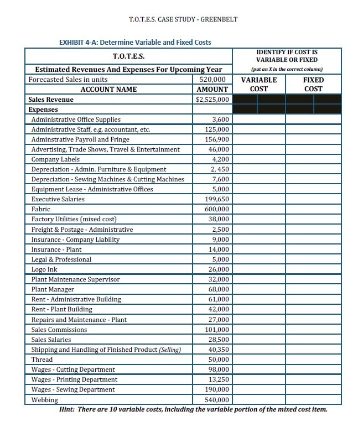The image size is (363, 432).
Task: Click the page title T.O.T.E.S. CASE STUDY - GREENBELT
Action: [x=183, y=19]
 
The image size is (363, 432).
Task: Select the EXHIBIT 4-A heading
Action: [x=134, y=42]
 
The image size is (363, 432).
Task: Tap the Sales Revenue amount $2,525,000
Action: [x=212, y=100]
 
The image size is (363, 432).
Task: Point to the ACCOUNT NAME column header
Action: [x=108, y=89]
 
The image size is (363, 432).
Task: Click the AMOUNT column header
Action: [x=212, y=89]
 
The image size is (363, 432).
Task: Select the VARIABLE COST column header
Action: [x=258, y=84]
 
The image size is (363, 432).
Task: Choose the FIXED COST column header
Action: [x=313, y=84]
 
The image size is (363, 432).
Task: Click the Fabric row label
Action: [x=40, y=209]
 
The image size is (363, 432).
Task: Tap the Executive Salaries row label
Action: [x=58, y=199]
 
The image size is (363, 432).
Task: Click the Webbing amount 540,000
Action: [x=216, y=399]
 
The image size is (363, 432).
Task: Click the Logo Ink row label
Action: [x=44, y=269]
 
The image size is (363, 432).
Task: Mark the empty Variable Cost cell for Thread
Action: [x=258, y=360]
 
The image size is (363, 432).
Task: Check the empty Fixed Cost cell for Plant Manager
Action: [x=313, y=289]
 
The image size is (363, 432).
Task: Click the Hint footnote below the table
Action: [x=193, y=409]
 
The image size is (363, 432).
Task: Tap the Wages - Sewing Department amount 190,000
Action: [x=216, y=389]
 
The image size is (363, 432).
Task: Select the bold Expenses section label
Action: [x=44, y=110]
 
